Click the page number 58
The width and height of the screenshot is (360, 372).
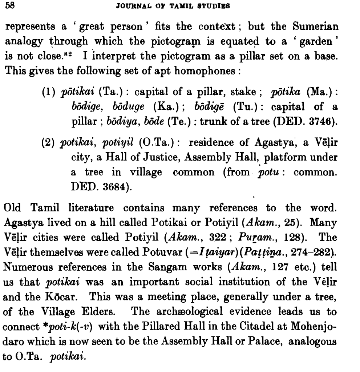point(9,7)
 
